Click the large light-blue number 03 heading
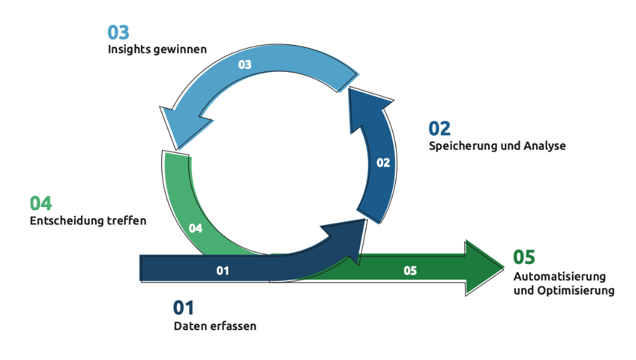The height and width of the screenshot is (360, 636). point(118,32)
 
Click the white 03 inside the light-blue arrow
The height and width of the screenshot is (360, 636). point(244,64)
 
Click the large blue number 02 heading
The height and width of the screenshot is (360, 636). point(439,129)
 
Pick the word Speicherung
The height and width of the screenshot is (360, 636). point(461,146)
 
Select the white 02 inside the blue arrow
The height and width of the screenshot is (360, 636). point(383,163)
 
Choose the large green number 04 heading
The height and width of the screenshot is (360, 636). point(41,203)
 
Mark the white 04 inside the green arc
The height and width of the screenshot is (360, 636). point(196,228)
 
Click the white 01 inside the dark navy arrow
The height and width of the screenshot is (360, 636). point(223,271)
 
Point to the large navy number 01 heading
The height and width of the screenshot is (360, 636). point(183,308)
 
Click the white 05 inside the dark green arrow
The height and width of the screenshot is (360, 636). point(410,271)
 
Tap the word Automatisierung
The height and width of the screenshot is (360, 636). point(559,276)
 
